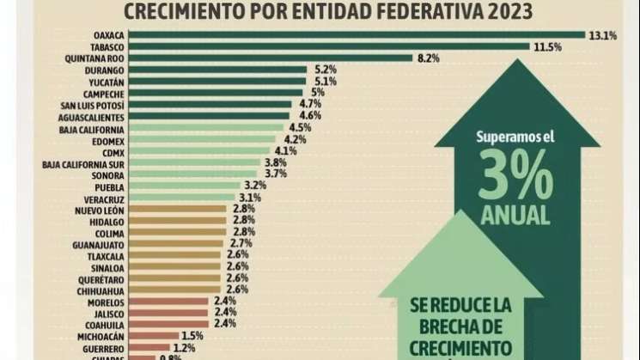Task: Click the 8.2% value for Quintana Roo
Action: coord(430,58)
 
